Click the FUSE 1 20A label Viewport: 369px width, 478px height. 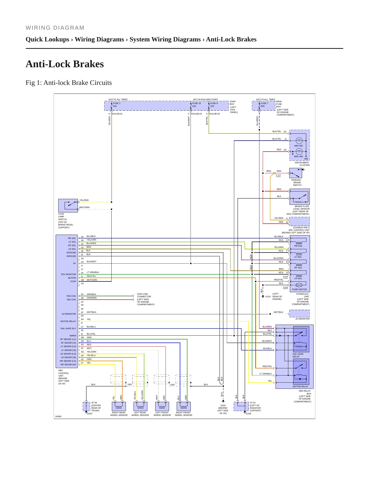point(116,105)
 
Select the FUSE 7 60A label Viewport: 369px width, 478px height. point(264,105)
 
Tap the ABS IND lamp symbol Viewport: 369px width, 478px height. point(299,141)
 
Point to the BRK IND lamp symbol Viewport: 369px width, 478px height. point(299,152)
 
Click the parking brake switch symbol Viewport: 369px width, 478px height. point(296,173)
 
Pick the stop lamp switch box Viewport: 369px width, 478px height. point(68,206)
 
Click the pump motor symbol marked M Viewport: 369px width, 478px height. point(299,285)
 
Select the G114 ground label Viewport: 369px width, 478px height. point(268,297)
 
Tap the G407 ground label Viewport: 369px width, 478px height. point(90,414)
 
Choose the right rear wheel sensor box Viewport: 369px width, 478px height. point(119,406)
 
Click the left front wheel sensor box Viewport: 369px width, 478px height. point(162,406)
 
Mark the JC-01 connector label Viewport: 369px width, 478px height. point(253,403)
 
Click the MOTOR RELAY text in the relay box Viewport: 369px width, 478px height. point(300,386)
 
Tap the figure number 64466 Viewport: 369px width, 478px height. point(58,416)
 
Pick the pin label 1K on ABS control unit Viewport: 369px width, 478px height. point(82,273)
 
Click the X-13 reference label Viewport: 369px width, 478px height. point(278,175)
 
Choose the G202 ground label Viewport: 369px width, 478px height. point(223,405)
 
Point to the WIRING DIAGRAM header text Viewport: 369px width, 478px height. point(55,28)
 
